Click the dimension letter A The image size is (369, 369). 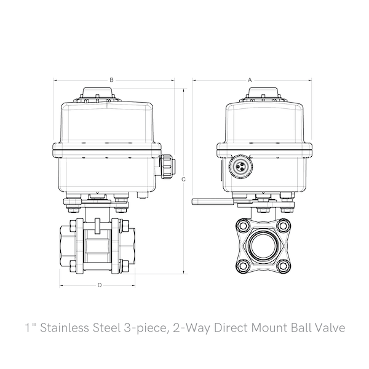pos(250,80)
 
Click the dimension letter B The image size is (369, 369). pos(111,80)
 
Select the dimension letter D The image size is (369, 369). pos(100,285)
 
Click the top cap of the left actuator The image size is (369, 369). pos(100,95)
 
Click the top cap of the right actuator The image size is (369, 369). pos(265,95)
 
